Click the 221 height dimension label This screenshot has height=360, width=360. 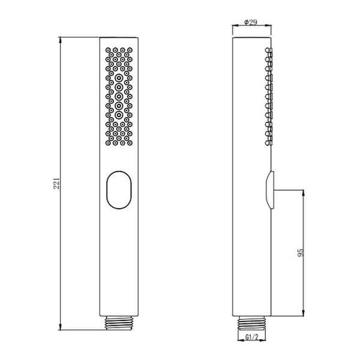pyautogui.click(x=56, y=183)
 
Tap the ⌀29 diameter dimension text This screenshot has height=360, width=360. pyautogui.click(x=250, y=22)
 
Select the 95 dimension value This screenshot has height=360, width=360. pyautogui.click(x=301, y=253)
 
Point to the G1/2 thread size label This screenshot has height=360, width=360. pyautogui.click(x=252, y=337)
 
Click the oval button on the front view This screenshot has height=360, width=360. pyautogui.click(x=119, y=190)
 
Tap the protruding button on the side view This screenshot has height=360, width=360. pyautogui.click(x=270, y=190)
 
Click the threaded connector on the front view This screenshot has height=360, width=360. pyautogui.click(x=119, y=323)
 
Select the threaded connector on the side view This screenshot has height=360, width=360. pyautogui.click(x=251, y=323)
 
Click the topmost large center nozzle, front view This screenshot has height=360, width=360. pyautogui.click(x=119, y=78)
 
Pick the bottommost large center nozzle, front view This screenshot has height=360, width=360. pyautogui.click(x=119, y=115)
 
